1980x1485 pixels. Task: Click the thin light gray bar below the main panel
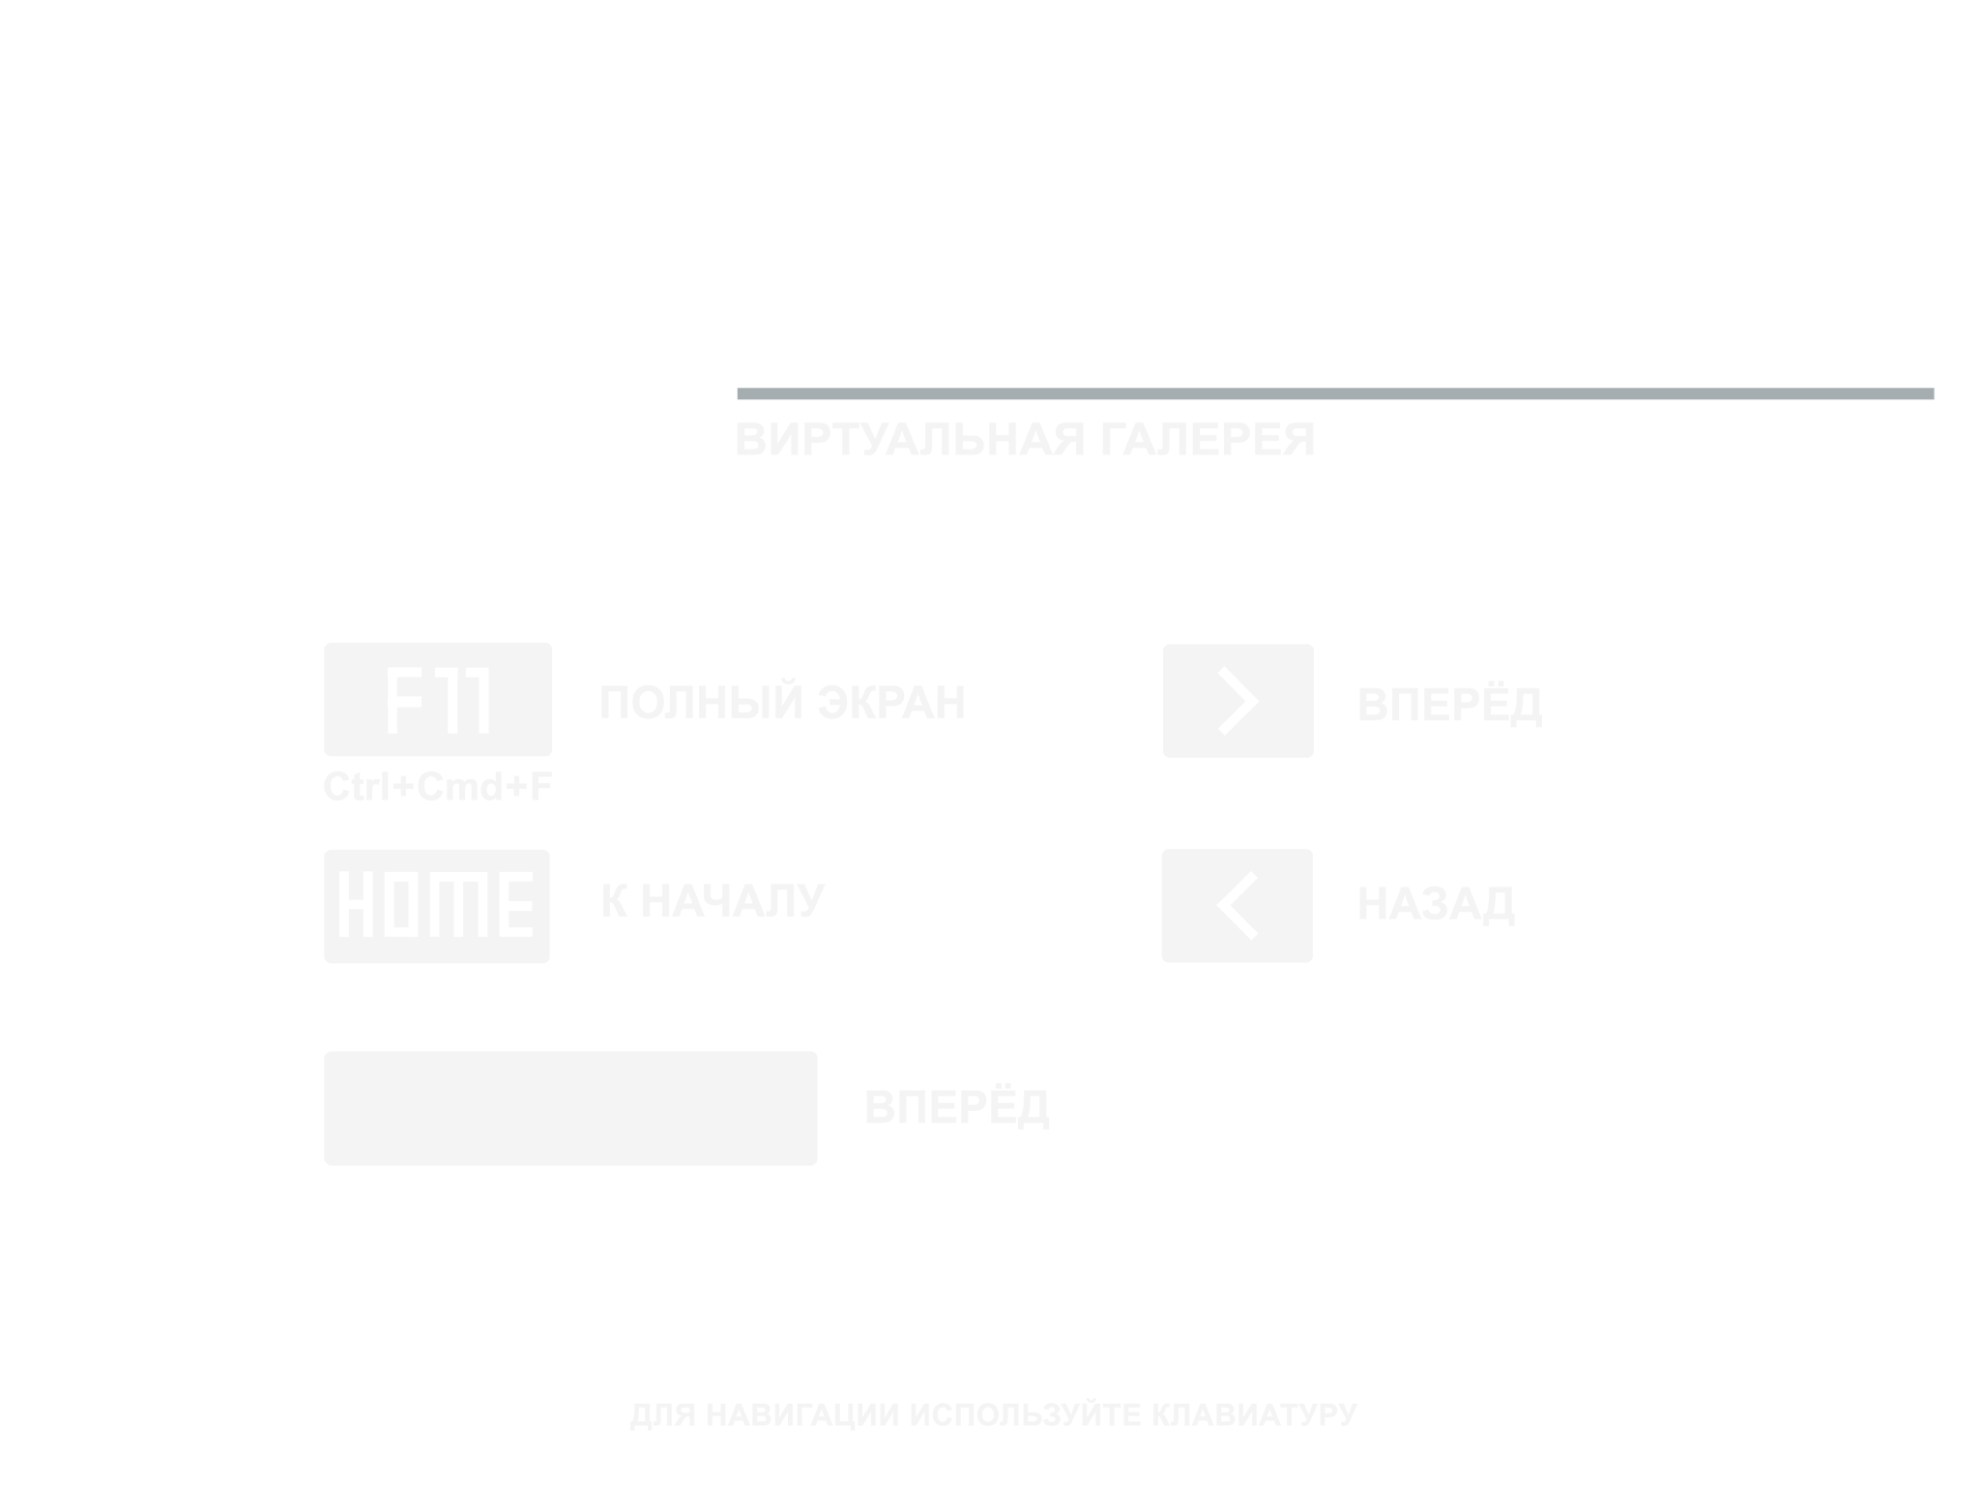coord(993,1413)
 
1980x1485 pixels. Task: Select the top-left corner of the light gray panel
coord(325,390)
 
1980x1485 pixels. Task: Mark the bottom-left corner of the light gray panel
coord(325,1163)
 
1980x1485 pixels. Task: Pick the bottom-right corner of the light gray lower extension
coord(1065,1163)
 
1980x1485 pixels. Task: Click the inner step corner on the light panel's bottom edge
coord(1067,1033)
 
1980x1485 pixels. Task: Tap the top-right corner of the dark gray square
coord(1933,390)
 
